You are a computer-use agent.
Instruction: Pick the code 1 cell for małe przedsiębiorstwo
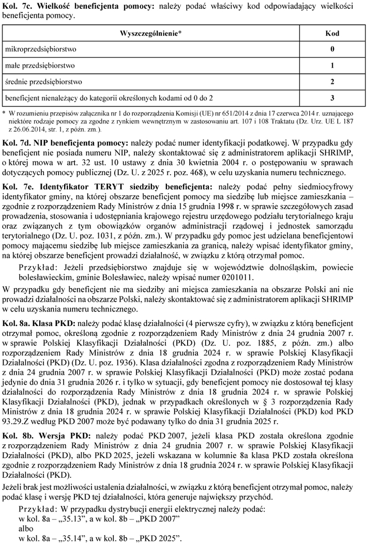click(x=332, y=66)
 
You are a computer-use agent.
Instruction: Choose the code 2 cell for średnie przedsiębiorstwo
click(x=332, y=82)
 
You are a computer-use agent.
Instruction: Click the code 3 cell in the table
click(x=332, y=98)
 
